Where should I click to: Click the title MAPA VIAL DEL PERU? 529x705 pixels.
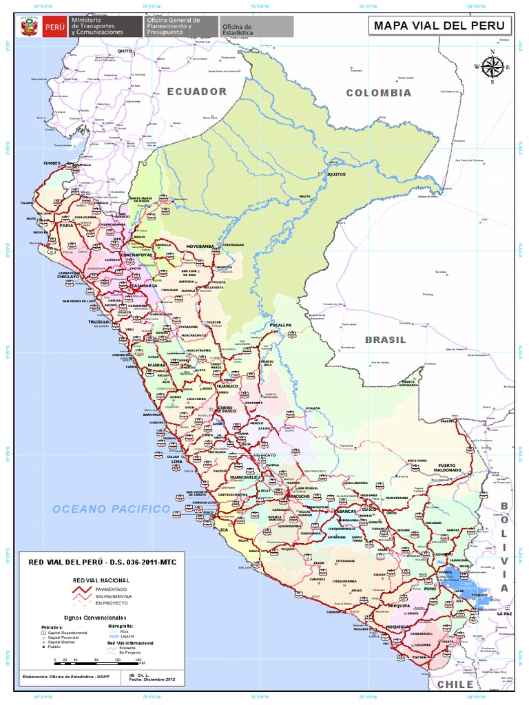tap(439, 27)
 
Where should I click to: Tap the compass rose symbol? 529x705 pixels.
tap(492, 67)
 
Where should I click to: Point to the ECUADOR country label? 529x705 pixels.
tap(196, 92)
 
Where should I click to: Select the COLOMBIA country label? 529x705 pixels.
tap(378, 93)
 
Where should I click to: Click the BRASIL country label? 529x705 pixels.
tap(385, 340)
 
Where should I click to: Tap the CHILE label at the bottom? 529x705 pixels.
tap(455, 684)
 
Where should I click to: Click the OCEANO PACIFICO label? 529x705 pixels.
tap(111, 509)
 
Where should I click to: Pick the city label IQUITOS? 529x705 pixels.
tap(335, 174)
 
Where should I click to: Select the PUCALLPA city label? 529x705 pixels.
tap(280, 324)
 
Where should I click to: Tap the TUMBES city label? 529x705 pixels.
tap(52, 164)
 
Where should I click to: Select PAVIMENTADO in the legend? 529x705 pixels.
tap(110, 590)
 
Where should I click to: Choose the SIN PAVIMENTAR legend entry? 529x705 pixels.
tap(110, 596)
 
